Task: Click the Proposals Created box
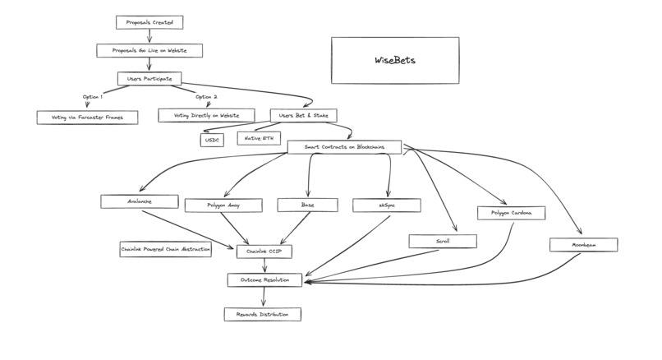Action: pyautogui.click(x=149, y=22)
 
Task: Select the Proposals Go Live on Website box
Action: pyautogui.click(x=149, y=50)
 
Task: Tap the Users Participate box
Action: pyautogui.click(x=149, y=78)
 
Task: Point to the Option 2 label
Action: pyautogui.click(x=207, y=98)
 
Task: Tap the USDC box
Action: pyautogui.click(x=213, y=140)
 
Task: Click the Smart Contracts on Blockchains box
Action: pyautogui.click(x=345, y=147)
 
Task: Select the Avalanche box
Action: pyautogui.click(x=140, y=201)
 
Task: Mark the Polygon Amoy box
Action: pyautogui.click(x=223, y=205)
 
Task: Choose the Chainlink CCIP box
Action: pyautogui.click(x=264, y=251)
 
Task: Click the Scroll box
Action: pyautogui.click(x=443, y=241)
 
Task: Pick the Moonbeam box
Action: pyautogui.click(x=584, y=245)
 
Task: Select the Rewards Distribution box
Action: pyautogui.click(x=262, y=314)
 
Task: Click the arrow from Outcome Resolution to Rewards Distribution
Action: pyautogui.click(x=264, y=298)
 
